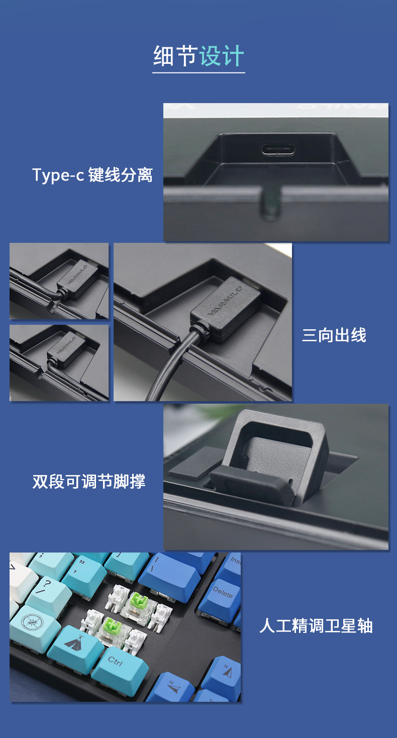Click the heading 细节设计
coord(198,56)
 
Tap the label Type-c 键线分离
coord(92,174)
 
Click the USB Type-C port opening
coord(278,150)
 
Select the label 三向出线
coord(334,335)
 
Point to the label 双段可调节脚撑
coord(88,481)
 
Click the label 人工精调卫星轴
coord(316,626)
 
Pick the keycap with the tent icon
coord(75,649)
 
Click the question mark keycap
coord(49,593)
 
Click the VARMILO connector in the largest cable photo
coord(225,309)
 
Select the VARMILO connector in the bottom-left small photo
coord(66,349)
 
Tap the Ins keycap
coord(232,564)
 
